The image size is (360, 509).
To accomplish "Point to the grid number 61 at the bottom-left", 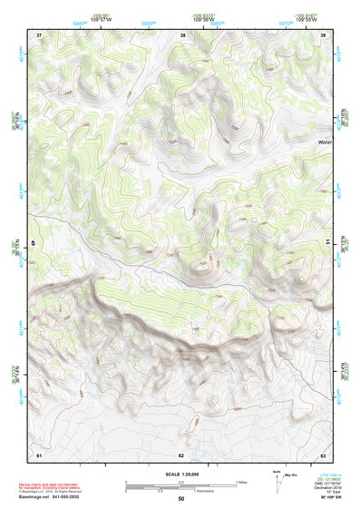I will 39,453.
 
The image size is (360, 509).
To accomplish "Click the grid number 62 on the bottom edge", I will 181,453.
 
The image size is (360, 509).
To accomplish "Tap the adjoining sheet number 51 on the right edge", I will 326,243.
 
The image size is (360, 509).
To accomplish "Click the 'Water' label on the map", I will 324,142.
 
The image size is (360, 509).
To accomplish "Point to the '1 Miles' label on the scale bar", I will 242,482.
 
